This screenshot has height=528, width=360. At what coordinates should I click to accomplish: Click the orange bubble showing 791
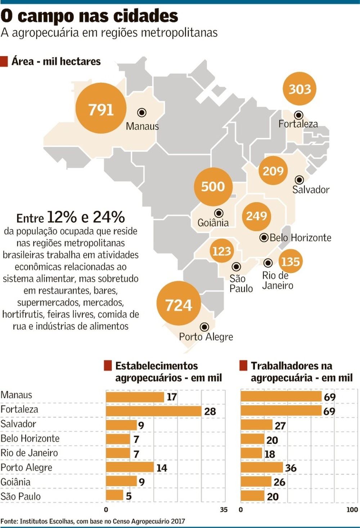tap(101, 108)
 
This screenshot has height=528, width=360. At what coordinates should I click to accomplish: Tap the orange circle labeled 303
tap(300, 89)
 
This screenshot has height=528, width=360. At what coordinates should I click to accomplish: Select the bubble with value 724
tap(179, 305)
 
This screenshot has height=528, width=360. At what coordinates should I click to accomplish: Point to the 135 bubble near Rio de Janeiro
tap(290, 261)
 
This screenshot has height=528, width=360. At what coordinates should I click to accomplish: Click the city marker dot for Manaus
tap(142, 113)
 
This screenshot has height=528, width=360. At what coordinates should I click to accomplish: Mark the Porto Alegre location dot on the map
tap(204, 327)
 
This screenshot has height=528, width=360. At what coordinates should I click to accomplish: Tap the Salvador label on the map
tap(311, 189)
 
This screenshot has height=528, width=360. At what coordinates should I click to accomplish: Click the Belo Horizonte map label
tap(300, 238)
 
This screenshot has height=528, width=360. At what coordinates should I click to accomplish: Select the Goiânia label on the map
tap(213, 223)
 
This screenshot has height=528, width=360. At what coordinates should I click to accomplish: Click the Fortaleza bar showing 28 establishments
tap(153, 411)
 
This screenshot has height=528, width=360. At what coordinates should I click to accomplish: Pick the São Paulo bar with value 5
tap(114, 496)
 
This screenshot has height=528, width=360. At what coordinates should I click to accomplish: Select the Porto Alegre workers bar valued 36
tap(262, 467)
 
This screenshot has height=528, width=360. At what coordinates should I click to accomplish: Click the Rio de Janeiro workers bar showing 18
tap(251, 453)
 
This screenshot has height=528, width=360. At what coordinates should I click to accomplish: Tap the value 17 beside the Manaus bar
tap(172, 397)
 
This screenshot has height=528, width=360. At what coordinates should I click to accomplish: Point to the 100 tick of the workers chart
tap(352, 510)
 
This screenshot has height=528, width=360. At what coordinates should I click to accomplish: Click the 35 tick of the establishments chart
tap(224, 510)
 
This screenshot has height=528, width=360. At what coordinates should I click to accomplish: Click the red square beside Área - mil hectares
tap(4, 61)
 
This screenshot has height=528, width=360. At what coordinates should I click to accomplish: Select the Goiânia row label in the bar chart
tap(15, 482)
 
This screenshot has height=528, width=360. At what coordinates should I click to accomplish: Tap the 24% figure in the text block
tap(109, 217)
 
